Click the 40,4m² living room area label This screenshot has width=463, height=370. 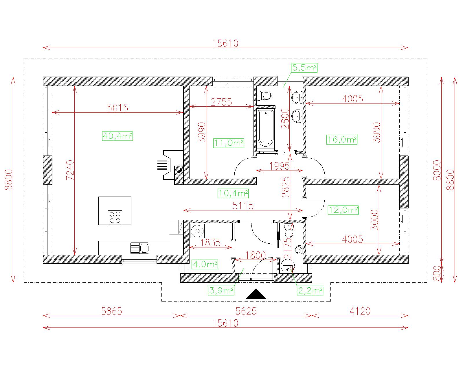(x=117, y=136)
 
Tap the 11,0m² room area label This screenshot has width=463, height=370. (x=229, y=143)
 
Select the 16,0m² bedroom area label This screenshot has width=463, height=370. (x=342, y=140)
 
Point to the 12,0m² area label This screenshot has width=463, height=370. (x=343, y=210)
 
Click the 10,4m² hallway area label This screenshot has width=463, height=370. (x=233, y=193)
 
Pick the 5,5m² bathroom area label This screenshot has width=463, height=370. (x=304, y=68)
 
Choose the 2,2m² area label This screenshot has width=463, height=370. (x=310, y=291)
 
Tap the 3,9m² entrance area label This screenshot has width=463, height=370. (x=221, y=291)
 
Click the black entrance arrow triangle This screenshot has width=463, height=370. (x=256, y=294)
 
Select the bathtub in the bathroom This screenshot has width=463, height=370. (x=265, y=128)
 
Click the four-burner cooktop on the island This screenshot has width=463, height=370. (x=115, y=217)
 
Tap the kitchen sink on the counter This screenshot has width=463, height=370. (x=140, y=248)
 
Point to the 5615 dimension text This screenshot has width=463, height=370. (x=117, y=108)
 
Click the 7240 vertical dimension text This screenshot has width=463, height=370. (x=70, y=170)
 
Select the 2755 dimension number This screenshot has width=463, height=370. (x=221, y=102)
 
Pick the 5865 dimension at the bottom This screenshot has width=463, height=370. (x=111, y=311)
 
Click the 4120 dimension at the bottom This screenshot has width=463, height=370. (x=360, y=311)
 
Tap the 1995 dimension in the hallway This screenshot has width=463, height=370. (x=280, y=166)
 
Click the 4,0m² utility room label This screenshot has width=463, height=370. (x=205, y=264)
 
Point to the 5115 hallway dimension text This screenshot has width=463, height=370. (x=243, y=206)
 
